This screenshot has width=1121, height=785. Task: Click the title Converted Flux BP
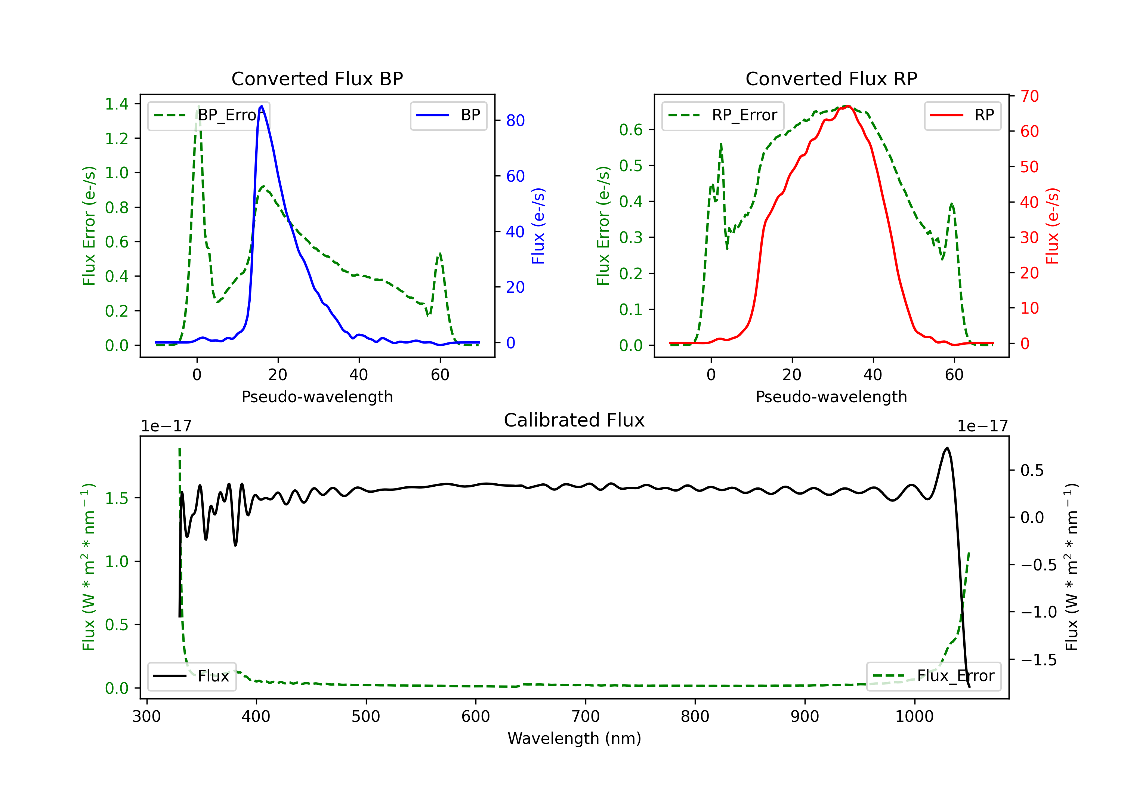click(317, 78)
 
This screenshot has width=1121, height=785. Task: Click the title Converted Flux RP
click(831, 78)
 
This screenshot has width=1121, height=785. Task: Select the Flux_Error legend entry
click(933, 676)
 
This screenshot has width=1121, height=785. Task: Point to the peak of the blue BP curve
click(262, 106)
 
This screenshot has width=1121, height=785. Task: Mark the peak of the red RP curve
click(847, 106)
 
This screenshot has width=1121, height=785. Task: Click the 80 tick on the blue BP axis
click(515, 121)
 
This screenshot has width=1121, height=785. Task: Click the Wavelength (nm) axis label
click(574, 738)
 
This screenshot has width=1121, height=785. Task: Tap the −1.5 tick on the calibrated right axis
click(1039, 660)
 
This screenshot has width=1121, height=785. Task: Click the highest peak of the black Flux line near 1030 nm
click(947, 448)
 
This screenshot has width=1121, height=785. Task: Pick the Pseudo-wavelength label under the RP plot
click(831, 397)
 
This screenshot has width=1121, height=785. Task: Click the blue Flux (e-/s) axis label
click(538, 226)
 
